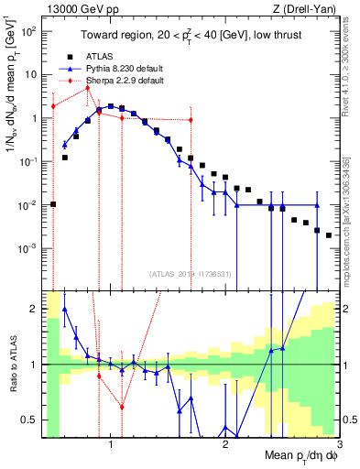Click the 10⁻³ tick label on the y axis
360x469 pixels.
pyautogui.click(x=27, y=248)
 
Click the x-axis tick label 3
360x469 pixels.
pyautogui.click(x=341, y=445)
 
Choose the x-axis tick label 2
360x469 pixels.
pyautogui.click(x=225, y=445)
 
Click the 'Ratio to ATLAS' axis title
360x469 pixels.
pyautogui.click(x=10, y=365)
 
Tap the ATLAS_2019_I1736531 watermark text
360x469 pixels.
pyautogui.click(x=191, y=274)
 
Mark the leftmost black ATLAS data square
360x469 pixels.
pyautogui.click(x=54, y=204)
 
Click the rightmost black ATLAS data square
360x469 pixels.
pyautogui.click(x=328, y=235)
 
